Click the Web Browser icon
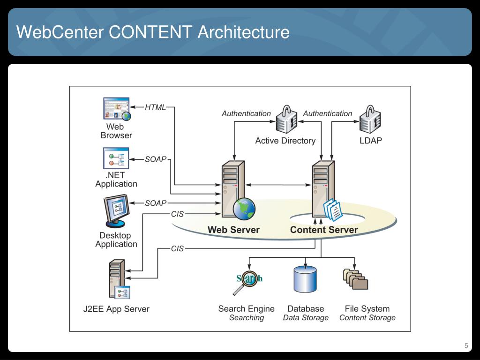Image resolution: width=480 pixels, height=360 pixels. pyautogui.click(x=117, y=109)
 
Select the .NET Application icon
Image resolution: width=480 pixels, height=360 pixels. pyautogui.click(x=116, y=158)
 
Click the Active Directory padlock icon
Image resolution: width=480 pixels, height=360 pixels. pyautogui.click(x=286, y=119)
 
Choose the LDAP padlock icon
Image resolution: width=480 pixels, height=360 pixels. pyautogui.click(x=370, y=119)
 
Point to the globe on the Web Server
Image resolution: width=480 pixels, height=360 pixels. pyautogui.click(x=244, y=209)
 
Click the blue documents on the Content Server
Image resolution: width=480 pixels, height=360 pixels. pyautogui.click(x=333, y=210)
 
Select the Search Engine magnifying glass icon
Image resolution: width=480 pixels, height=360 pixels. pyautogui.click(x=247, y=282)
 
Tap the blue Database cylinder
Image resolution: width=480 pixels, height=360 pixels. pyautogui.click(x=305, y=279)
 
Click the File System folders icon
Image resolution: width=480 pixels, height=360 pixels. pyautogui.click(x=355, y=279)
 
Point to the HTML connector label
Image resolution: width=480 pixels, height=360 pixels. pyautogui.click(x=155, y=107)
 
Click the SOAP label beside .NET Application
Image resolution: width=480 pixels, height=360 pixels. pyautogui.click(x=156, y=159)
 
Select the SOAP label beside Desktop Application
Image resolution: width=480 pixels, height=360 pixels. pyautogui.click(x=156, y=203)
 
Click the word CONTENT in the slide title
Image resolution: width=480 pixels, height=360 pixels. pyautogui.click(x=150, y=32)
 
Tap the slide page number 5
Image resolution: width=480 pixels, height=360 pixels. pyautogui.click(x=466, y=345)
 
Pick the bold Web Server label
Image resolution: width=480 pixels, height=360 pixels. pyautogui.click(x=233, y=230)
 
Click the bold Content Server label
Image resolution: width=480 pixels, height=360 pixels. pyautogui.click(x=324, y=230)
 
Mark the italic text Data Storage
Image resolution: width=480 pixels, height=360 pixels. pyautogui.click(x=306, y=318)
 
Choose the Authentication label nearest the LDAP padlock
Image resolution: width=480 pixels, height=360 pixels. pyautogui.click(x=328, y=113)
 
